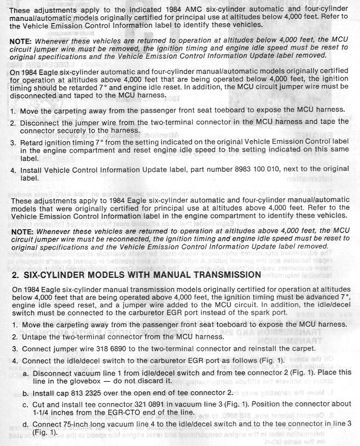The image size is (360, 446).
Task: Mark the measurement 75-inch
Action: click(70, 424)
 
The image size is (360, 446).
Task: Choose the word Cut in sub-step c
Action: click(39, 404)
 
